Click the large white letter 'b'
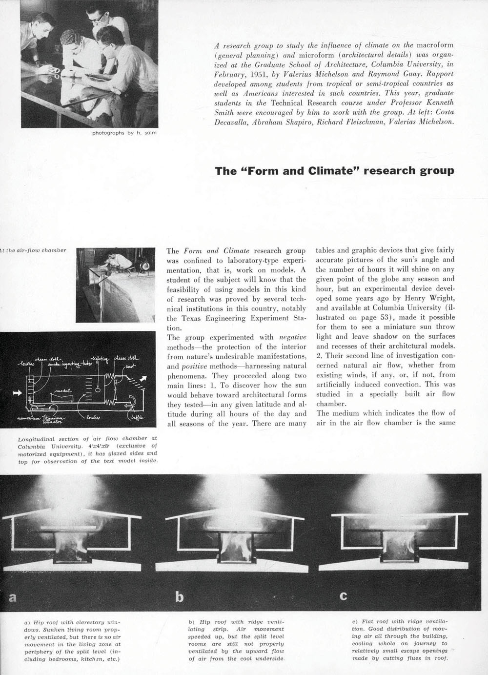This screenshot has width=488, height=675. point(179,596)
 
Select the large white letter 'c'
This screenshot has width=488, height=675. point(344,595)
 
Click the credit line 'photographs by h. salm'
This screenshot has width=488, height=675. point(124,133)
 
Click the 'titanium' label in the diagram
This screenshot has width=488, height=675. point(48,417)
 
